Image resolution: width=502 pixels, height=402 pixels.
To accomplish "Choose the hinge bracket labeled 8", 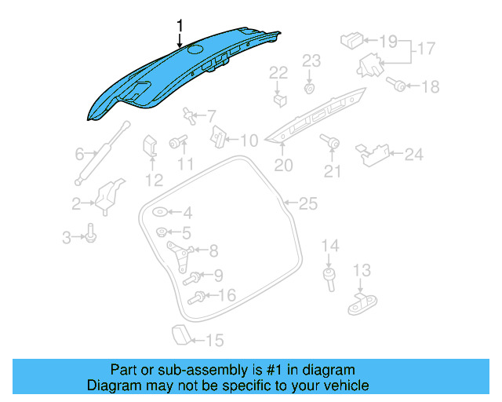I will [x=180, y=252].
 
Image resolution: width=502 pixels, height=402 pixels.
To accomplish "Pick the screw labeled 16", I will [x=198, y=297].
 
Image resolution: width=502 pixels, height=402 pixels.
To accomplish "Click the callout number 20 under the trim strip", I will [x=283, y=166].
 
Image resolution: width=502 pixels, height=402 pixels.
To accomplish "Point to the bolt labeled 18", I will [x=398, y=86].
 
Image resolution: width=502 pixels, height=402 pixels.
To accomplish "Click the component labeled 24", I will [x=376, y=153].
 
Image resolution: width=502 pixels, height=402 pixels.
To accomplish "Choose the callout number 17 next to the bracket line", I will [x=424, y=48].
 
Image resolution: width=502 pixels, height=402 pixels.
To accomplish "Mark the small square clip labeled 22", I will [x=278, y=100].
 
